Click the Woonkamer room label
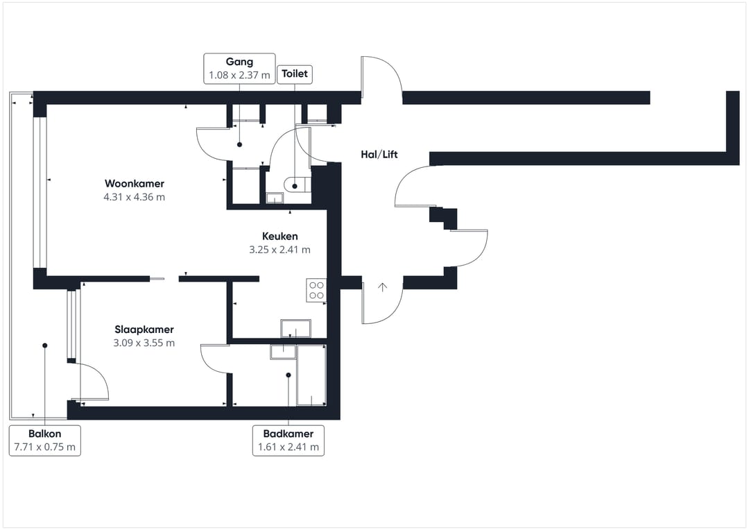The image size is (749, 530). click(135, 184)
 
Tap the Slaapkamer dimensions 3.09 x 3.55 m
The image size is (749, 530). click(144, 343)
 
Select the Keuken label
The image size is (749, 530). click(279, 236)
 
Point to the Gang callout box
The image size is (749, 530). click(239, 69)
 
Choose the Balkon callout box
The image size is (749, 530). click(45, 440)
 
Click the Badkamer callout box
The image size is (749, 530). click(289, 440)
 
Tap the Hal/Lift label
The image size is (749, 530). click(379, 155)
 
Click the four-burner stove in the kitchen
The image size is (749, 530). click(316, 290)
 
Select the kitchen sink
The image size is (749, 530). click(295, 328)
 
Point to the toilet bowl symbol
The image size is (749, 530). click(297, 185)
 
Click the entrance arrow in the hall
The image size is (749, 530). click(382, 287)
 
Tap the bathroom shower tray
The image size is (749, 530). click(311, 375)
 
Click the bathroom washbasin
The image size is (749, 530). click(283, 352)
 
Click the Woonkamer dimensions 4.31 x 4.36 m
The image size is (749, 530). click(135, 197)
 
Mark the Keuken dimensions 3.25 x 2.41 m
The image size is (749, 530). click(279, 250)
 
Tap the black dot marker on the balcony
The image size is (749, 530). click(44, 345)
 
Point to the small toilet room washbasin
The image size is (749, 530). click(275, 198)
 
